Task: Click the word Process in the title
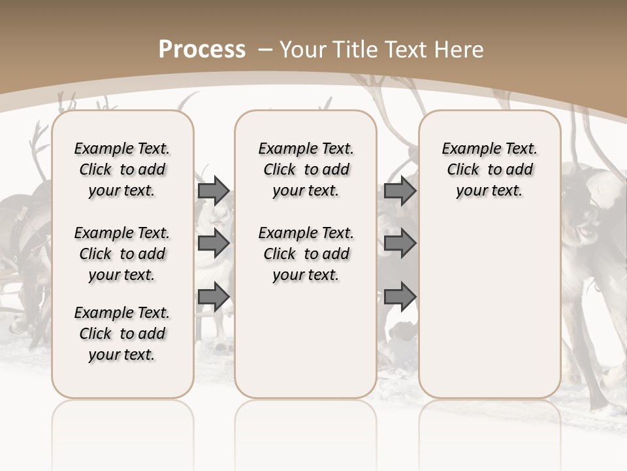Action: tap(202, 50)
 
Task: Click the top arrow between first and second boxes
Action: tap(214, 190)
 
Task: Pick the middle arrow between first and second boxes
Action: tap(214, 243)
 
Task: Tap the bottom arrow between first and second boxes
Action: tap(214, 297)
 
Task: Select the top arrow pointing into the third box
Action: tap(400, 190)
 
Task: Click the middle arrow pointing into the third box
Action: tap(400, 243)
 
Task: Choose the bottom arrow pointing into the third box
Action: tap(400, 297)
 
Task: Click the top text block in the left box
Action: tap(122, 169)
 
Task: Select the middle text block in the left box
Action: tap(122, 254)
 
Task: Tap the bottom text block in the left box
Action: tap(122, 334)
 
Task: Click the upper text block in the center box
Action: tap(306, 169)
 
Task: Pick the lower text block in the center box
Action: tap(306, 254)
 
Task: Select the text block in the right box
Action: tap(489, 169)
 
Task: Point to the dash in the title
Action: tap(265, 50)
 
